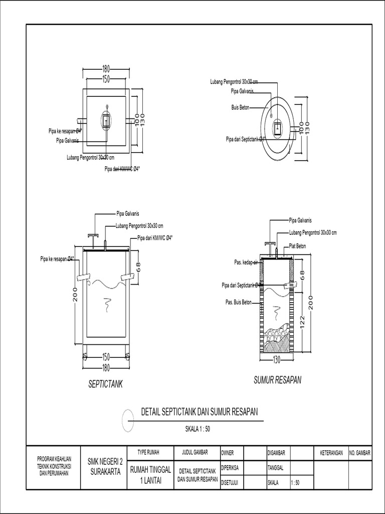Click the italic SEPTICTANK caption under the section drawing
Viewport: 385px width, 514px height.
[x=106, y=384]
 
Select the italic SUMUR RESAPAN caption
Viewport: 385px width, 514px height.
[x=277, y=380]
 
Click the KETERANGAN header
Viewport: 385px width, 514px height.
[x=331, y=453]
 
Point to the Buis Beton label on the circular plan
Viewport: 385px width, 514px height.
[x=240, y=107]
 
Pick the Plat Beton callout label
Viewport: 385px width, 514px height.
[x=297, y=246]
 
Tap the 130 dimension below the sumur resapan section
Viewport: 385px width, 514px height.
[x=276, y=359]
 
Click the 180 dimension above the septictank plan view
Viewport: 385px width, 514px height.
[x=106, y=69]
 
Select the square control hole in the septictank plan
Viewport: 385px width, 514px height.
[x=106, y=120]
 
